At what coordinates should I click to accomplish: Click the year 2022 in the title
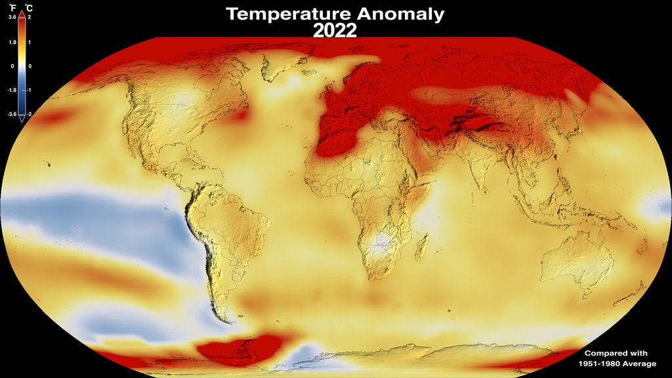[x=335, y=30]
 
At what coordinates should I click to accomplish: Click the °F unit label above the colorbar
[x=11, y=8]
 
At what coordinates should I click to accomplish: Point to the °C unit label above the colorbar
[x=29, y=8]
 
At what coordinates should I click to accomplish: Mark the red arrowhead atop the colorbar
[x=21, y=14]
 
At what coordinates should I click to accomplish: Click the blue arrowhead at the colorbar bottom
[x=21, y=119]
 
